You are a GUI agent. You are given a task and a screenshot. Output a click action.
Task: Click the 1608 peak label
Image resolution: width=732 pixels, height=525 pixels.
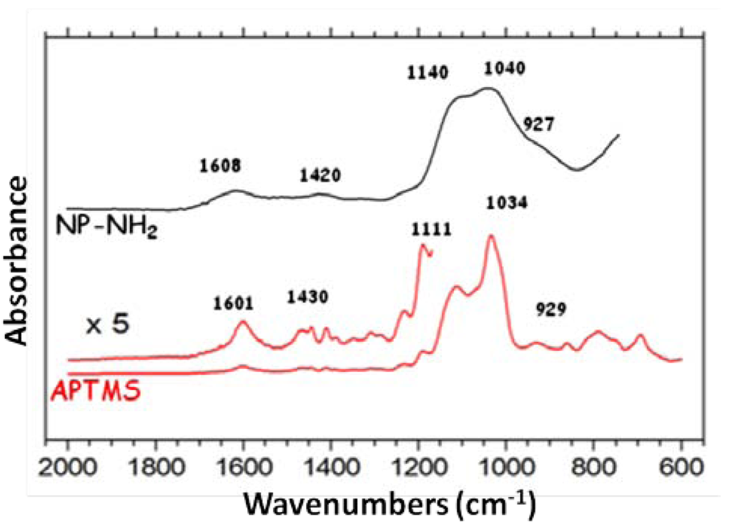click(220, 166)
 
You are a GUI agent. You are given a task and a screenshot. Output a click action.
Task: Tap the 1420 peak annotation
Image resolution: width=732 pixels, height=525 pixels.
click(320, 175)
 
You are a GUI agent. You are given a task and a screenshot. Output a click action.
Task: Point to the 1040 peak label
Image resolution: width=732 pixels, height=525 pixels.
click(504, 69)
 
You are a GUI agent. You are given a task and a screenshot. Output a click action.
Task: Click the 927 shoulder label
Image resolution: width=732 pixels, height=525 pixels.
click(538, 124)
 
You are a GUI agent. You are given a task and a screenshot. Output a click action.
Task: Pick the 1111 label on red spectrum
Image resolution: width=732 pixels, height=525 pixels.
click(431, 230)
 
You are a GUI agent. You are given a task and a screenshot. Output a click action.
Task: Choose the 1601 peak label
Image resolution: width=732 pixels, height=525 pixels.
click(233, 304)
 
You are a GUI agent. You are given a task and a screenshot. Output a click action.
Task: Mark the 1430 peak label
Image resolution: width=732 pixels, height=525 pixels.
click(308, 297)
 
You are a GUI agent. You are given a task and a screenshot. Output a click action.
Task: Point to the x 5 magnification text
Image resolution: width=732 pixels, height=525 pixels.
click(107, 325)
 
